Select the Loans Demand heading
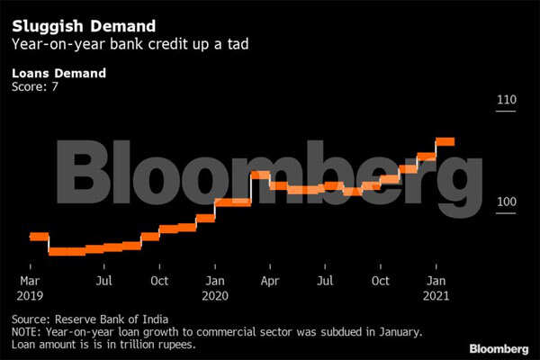pos(58,74)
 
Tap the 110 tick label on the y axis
pos(507,99)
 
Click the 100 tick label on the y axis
pos(507,203)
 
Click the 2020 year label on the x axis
pos(214,295)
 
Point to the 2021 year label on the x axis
pos(436,295)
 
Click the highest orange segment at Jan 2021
pos(445,141)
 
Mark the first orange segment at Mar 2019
pos(39,237)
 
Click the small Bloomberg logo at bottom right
pos(498,348)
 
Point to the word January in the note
pos(393,332)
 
